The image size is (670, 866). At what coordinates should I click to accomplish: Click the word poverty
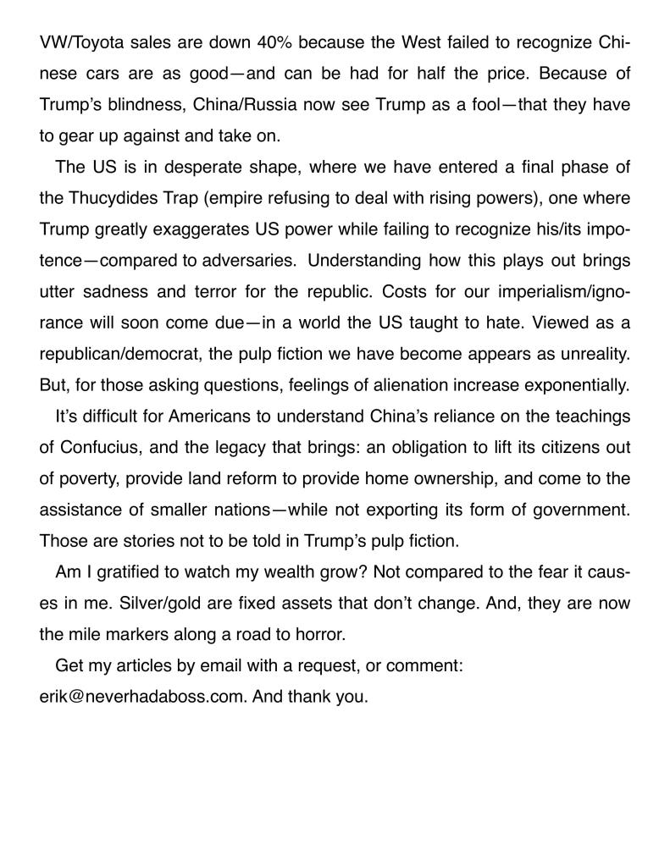pyautogui.click(x=87, y=478)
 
